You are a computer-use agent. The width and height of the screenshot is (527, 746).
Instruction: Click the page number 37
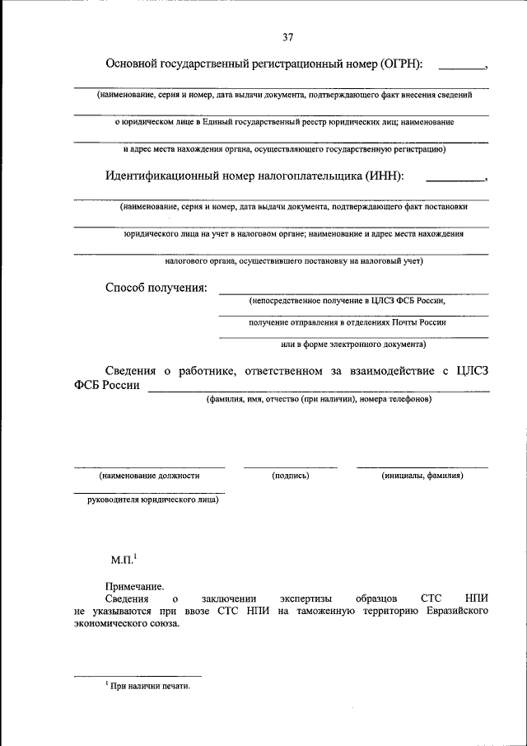click(x=287, y=37)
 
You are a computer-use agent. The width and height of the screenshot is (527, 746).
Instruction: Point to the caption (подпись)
click(x=290, y=476)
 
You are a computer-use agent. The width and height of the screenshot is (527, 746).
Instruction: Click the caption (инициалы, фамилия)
click(x=422, y=476)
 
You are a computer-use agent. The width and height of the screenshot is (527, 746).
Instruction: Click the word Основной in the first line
click(x=133, y=65)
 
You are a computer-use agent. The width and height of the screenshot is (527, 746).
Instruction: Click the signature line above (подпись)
click(x=290, y=467)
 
